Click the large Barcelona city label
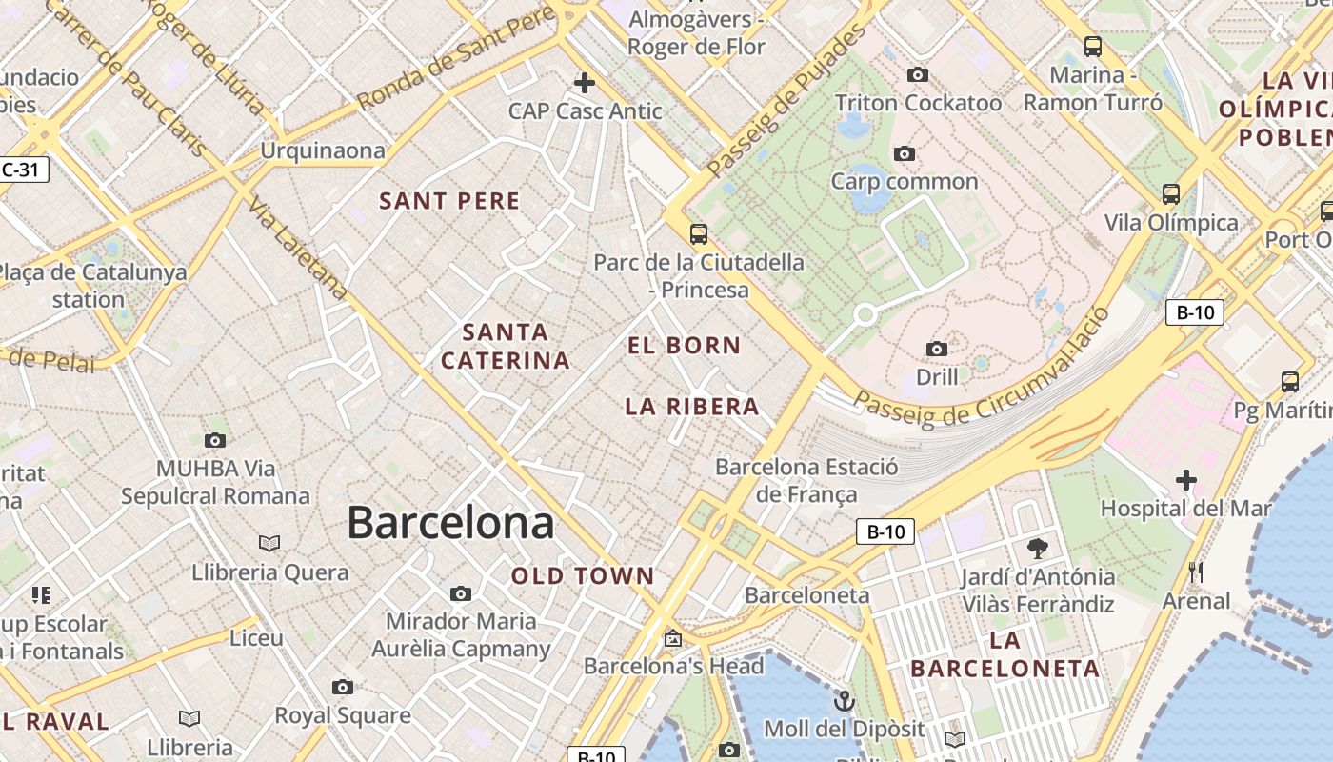pos(450,523)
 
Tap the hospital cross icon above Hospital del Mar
pos(1185,479)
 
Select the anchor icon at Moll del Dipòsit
pos(844,702)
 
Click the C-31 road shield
pos(21,170)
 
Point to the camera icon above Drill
pos(937,349)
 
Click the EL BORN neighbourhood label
pos(684,346)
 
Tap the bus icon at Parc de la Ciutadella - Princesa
pos(699,233)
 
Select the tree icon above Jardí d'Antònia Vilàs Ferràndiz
pos(1038,548)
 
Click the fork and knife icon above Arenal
pos(1196,571)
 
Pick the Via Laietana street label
pos(299,249)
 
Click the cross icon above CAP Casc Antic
pos(585,83)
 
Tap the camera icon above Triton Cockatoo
pos(918,74)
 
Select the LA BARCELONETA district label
pos(1005,653)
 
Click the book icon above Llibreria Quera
pos(269,543)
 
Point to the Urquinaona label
pos(323,150)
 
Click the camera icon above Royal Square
pos(343,687)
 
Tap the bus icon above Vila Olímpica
pos(1171,194)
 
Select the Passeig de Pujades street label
pos(786,101)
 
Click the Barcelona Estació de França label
pos(806,480)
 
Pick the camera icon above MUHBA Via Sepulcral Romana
pos(215,440)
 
